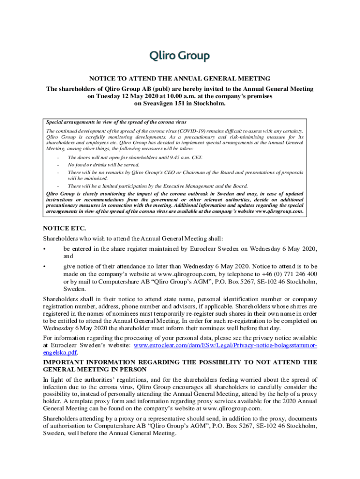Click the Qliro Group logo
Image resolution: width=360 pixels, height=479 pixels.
tap(180, 56)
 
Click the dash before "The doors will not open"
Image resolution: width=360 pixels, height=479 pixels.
tap(58, 158)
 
